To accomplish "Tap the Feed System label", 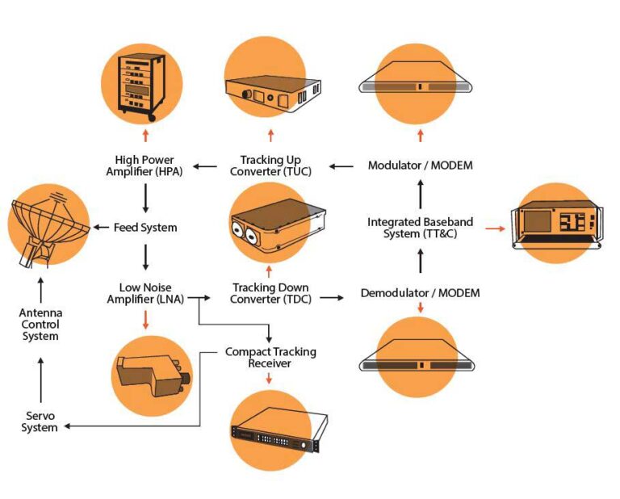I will click(x=145, y=228).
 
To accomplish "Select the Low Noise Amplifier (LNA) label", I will click(x=145, y=293).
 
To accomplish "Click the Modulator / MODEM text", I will click(x=420, y=166).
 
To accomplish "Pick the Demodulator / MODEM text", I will click(x=420, y=293).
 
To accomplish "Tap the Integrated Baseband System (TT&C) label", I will click(x=420, y=228).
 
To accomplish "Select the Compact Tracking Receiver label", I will click(x=270, y=357).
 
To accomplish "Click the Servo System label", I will click(x=40, y=421).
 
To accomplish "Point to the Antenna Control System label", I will click(x=40, y=324).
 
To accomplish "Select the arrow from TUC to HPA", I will click(x=205, y=167).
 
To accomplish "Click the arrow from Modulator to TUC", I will click(x=341, y=167).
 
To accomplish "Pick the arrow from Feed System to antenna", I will click(x=100, y=228).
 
